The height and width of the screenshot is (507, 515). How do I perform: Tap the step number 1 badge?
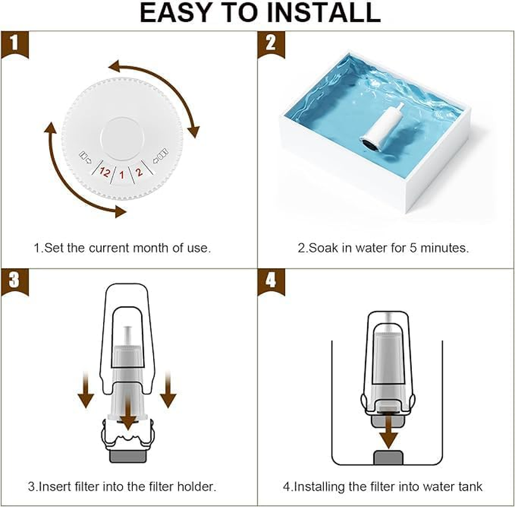[x=13, y=44]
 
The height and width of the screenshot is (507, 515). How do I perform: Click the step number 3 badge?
[x=13, y=281]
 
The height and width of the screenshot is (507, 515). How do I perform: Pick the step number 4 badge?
[x=271, y=281]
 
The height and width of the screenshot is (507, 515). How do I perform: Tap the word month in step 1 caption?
[x=143, y=248]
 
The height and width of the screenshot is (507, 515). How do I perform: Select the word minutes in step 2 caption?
[x=447, y=248]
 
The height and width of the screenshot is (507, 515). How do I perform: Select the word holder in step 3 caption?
[x=196, y=487]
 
